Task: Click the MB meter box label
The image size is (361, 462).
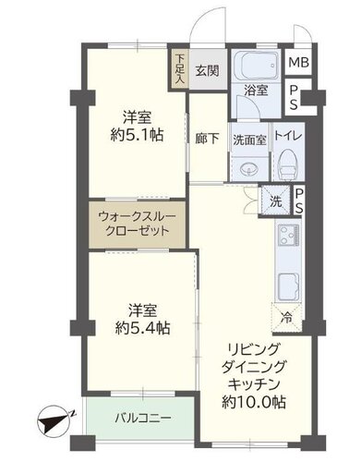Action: click(298, 63)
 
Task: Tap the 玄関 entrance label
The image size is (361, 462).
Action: click(208, 71)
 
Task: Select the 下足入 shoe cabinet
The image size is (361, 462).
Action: click(178, 69)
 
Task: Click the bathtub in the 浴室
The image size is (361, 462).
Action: click(256, 67)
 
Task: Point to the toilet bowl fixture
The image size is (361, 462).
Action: click(288, 164)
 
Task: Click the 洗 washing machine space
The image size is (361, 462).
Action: click(275, 201)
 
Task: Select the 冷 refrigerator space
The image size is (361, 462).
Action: click(287, 318)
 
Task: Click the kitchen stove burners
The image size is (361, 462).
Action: click(289, 236)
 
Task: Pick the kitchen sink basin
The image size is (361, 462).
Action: click(289, 286)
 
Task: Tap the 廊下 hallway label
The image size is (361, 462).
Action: click(208, 139)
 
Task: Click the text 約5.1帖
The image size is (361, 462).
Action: click(137, 135)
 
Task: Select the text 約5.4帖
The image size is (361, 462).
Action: click(142, 328)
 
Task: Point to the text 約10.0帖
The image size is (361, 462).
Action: click(254, 402)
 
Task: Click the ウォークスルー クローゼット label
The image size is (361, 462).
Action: click(137, 224)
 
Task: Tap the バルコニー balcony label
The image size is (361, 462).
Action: click(143, 418)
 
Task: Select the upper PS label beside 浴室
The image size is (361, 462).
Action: click(295, 97)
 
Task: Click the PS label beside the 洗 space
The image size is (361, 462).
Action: click(299, 201)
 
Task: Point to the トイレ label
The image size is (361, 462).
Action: click(288, 136)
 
